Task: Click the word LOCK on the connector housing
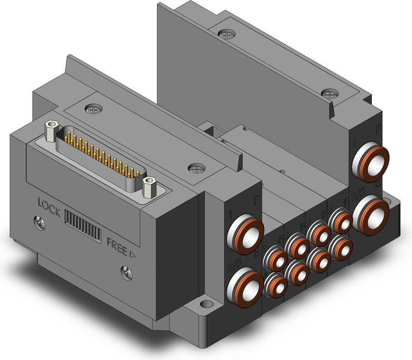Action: coord(49,203)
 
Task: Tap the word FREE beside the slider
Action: coord(116,242)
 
